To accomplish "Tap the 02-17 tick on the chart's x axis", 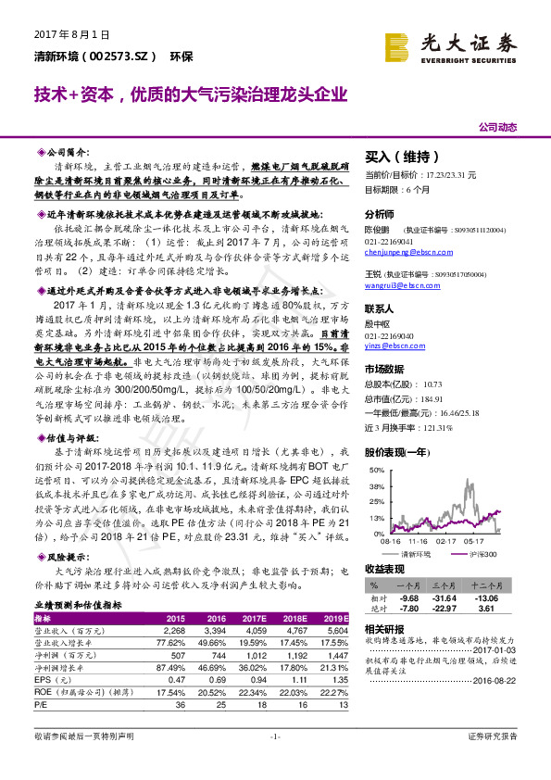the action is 447,540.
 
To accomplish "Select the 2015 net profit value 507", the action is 177,653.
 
